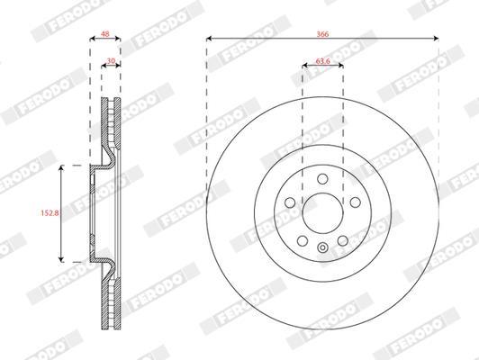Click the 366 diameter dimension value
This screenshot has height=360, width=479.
[322, 34]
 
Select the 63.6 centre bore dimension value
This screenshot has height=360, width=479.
[323, 61]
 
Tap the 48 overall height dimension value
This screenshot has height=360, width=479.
[104, 33]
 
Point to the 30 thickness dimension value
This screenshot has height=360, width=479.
[110, 61]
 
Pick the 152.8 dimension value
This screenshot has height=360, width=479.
[50, 212]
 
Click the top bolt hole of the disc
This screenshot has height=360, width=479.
[322, 179]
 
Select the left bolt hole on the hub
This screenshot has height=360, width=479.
[290, 202]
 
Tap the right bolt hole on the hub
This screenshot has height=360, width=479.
[356, 202]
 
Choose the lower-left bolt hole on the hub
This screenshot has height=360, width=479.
[303, 241]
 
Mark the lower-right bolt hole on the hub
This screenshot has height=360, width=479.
[343, 241]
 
